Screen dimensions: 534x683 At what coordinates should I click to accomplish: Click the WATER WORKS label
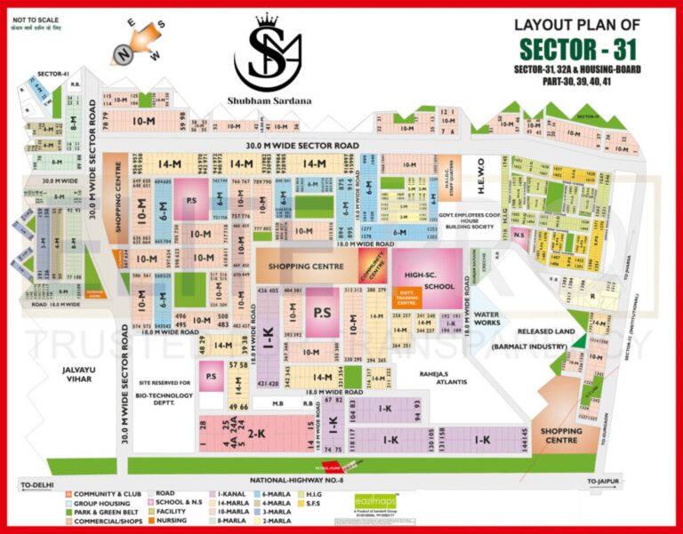coord(486,319)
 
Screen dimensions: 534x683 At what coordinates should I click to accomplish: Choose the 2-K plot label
coord(258,434)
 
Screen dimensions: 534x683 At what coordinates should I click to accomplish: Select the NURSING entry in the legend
coord(171,522)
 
